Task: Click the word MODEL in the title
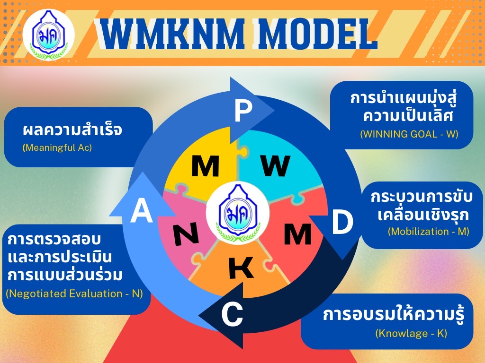pyautogui.click(x=318, y=34)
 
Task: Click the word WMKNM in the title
pyautogui.click(x=173, y=34)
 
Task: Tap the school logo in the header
pyautogui.click(x=49, y=35)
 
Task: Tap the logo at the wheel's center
pyautogui.click(x=238, y=213)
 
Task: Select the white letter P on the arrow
pyautogui.click(x=243, y=112)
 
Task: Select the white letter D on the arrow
pyautogui.click(x=342, y=222)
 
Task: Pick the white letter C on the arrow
pyautogui.click(x=232, y=314)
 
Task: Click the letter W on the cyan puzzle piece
pyautogui.click(x=275, y=165)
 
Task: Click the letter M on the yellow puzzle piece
pyautogui.click(x=206, y=166)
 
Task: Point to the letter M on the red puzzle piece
pyautogui.click(x=297, y=234)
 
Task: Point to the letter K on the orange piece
pyautogui.click(x=241, y=268)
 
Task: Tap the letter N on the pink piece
pyautogui.click(x=186, y=234)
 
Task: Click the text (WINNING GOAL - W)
pyautogui.click(x=409, y=134)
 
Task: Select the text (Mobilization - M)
pyautogui.click(x=429, y=232)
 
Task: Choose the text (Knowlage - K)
pyautogui.click(x=411, y=333)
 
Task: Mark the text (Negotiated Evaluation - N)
pyautogui.click(x=74, y=294)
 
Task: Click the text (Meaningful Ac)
pyautogui.click(x=57, y=147)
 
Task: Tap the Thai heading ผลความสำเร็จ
pyautogui.click(x=72, y=130)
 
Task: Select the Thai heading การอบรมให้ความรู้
pyautogui.click(x=394, y=315)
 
